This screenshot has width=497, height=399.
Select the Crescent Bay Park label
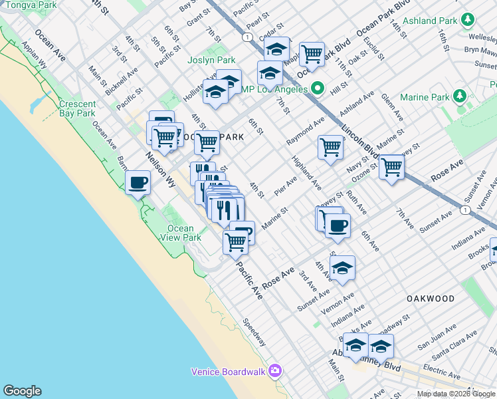[x=77, y=108]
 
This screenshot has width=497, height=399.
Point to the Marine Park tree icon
[x=460, y=97]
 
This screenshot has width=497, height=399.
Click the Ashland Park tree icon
[x=469, y=19]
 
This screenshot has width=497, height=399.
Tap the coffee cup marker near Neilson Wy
[x=138, y=182]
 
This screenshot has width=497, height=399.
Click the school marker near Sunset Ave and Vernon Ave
[x=342, y=268]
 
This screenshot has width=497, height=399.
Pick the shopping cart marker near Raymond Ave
[x=330, y=147]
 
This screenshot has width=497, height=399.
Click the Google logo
[x=22, y=391]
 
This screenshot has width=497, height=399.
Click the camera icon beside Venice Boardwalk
[x=276, y=371]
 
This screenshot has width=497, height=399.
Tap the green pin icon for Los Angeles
[x=318, y=88]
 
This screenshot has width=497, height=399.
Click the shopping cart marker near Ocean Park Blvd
[x=311, y=54]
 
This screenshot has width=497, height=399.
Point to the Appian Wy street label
[x=34, y=57]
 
